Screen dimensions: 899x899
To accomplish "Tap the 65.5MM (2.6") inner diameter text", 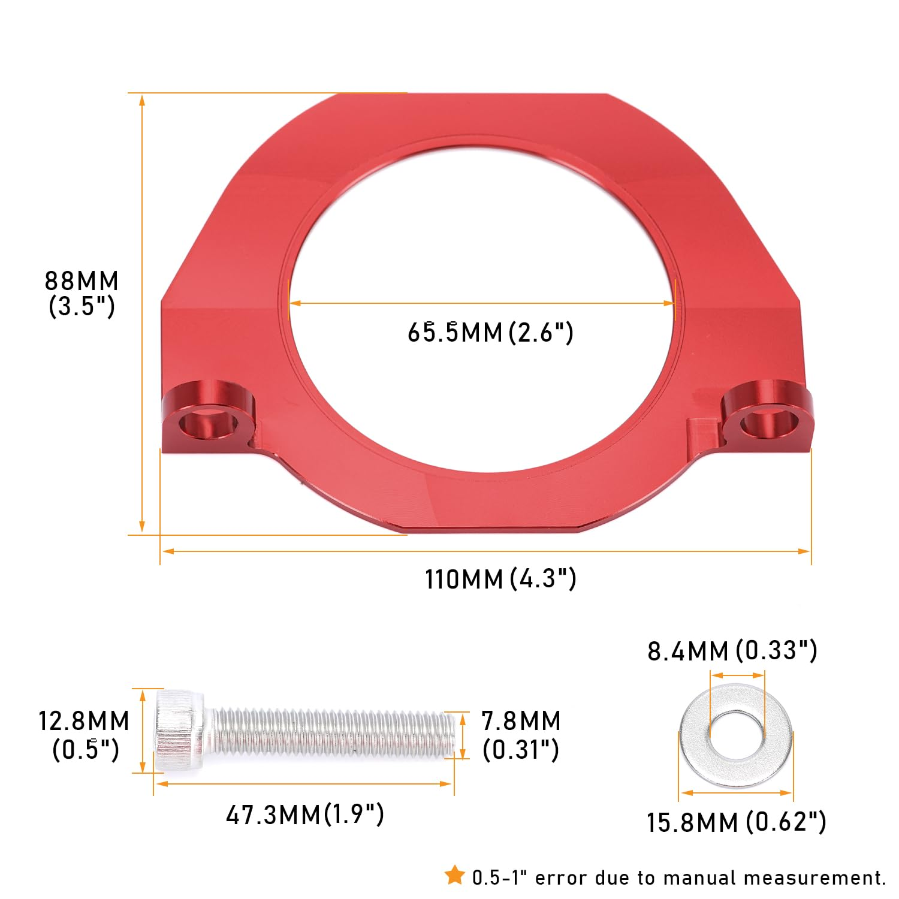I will pyautogui.click(x=490, y=332).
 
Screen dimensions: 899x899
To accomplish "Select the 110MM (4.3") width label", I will pyautogui.click(x=500, y=579).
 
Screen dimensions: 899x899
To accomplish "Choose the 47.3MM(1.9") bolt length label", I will pyautogui.click(x=304, y=814).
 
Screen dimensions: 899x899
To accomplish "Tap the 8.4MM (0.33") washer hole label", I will pyautogui.click(x=732, y=650).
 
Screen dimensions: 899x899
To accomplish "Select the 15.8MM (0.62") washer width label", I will pyautogui.click(x=736, y=822).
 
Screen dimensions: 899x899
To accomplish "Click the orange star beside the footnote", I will pyautogui.click(x=455, y=876).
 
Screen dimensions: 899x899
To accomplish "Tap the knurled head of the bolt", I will pyautogui.click(x=179, y=731).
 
